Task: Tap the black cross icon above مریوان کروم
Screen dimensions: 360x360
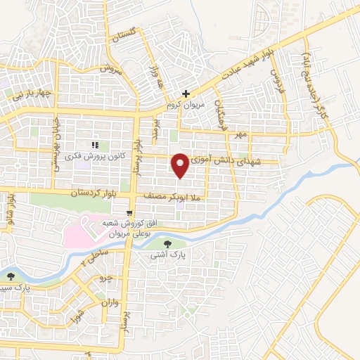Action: point(186,94)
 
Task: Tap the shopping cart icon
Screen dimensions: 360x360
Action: point(129,212)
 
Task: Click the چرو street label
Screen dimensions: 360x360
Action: point(106,278)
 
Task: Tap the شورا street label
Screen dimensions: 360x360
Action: point(79,309)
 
